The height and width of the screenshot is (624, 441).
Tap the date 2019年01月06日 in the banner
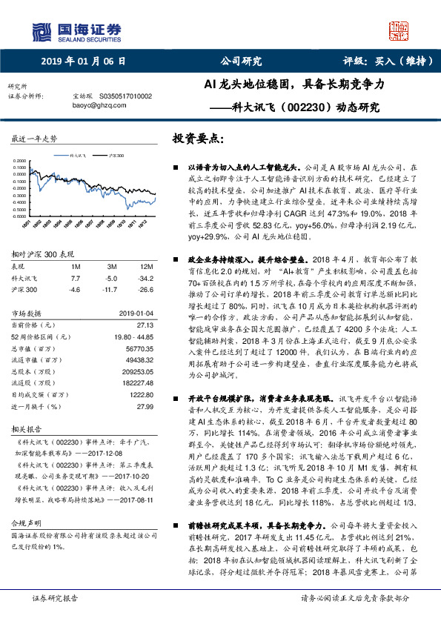click(x=83, y=62)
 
